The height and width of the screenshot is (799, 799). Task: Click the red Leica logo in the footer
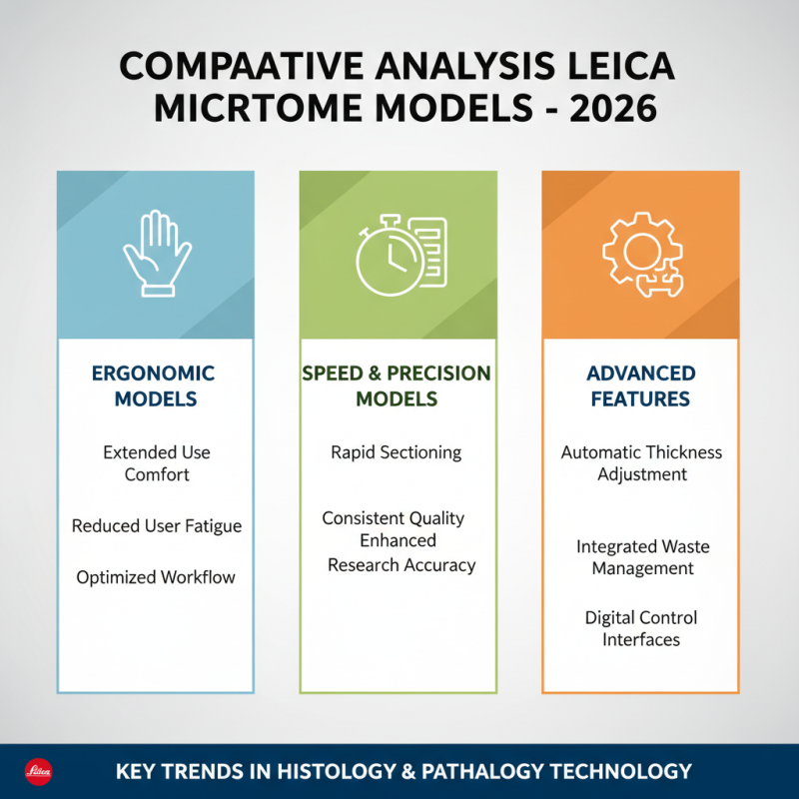(38, 772)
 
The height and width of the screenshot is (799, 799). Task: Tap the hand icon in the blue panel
(156, 255)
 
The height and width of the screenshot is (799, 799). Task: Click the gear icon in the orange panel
(640, 255)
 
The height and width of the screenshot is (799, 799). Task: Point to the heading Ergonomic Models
(154, 386)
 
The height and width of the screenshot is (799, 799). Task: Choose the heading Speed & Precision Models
(397, 386)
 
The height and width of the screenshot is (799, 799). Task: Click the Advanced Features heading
(640, 386)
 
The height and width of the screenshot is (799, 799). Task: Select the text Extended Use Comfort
(157, 463)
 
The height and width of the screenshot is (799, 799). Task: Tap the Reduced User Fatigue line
(157, 525)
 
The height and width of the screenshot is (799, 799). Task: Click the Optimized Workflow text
(157, 577)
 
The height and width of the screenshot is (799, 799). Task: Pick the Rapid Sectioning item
(397, 452)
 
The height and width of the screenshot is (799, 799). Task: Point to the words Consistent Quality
(394, 518)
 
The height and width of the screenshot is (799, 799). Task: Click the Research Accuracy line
(401, 565)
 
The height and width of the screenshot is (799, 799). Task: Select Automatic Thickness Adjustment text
(641, 463)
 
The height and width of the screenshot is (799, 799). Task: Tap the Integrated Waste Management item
(642, 557)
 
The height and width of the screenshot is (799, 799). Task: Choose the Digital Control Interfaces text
(641, 628)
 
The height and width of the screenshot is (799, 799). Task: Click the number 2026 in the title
(612, 108)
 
